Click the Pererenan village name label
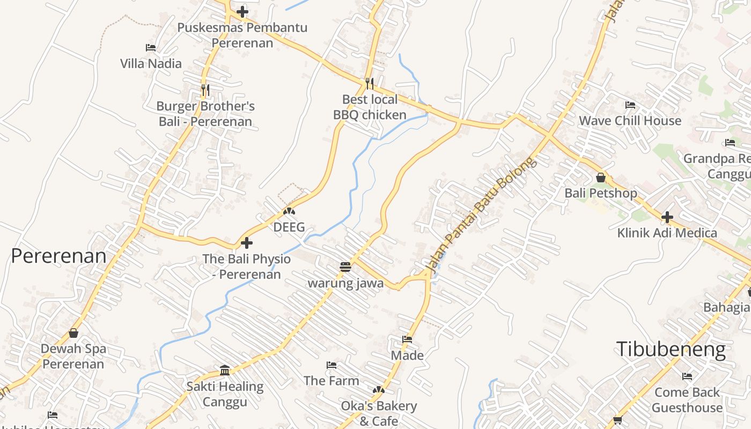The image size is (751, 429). [58, 256]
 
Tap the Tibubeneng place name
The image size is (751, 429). [671, 349]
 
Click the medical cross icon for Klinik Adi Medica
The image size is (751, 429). [667, 217]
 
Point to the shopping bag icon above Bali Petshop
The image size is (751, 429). [601, 177]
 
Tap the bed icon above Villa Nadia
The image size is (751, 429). [151, 48]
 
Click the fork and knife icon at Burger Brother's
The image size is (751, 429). [205, 90]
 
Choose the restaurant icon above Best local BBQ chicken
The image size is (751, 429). [370, 83]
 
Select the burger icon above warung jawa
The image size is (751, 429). [345, 267]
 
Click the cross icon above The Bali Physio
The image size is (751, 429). [247, 243]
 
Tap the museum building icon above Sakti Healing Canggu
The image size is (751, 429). [225, 371]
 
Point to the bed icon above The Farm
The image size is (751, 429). [332, 365]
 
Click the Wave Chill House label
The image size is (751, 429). [630, 121]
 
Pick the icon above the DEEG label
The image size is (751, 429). [289, 212]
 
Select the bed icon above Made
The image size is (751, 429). [407, 339]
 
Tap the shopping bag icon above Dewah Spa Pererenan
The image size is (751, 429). [73, 333]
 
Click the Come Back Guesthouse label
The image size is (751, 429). [687, 400]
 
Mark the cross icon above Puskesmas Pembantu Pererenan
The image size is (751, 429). [242, 11]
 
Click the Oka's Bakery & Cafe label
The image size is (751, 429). [379, 413]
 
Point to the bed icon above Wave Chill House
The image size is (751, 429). [630, 105]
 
